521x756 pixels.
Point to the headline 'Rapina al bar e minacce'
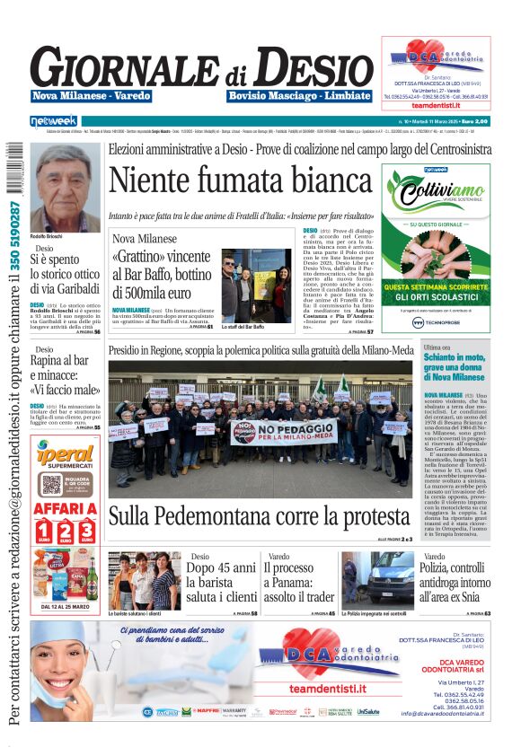pos(65,375)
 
